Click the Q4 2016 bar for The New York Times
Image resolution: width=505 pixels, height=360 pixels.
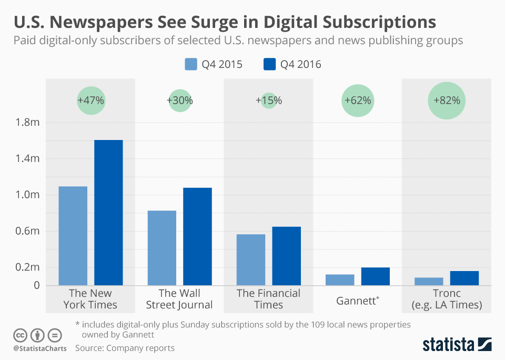pyautogui.click(x=108, y=213)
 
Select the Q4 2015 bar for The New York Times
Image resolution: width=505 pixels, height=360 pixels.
pyautogui.click(x=73, y=236)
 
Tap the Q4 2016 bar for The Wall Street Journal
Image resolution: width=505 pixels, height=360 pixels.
pyautogui.click(x=197, y=236)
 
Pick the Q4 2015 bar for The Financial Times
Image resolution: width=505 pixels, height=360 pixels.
pyautogui.click(x=250, y=259)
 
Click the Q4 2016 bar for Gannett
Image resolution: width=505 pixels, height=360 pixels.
pyautogui.click(x=376, y=276)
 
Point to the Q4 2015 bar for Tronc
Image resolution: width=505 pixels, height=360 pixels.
pyautogui.click(x=429, y=281)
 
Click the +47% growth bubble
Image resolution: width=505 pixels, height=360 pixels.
pyautogui.click(x=91, y=101)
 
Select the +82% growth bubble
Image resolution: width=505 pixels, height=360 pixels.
pyautogui.click(x=447, y=101)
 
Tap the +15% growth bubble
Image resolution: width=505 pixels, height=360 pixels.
pyautogui.click(x=269, y=101)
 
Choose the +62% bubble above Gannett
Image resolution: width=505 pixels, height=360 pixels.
pyautogui.click(x=358, y=101)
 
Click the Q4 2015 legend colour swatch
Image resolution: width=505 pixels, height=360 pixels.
pyautogui.click(x=190, y=65)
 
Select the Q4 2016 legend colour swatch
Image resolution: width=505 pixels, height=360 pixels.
pyautogui.click(x=269, y=65)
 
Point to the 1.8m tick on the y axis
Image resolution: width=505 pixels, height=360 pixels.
pyautogui.click(x=27, y=123)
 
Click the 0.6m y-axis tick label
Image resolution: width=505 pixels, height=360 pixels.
pyautogui.click(x=27, y=231)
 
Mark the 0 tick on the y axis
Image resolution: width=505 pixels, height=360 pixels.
pyautogui.click(x=36, y=285)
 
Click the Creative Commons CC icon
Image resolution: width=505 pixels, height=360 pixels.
pyautogui.click(x=20, y=335)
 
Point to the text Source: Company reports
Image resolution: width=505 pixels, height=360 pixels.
pyautogui.click(x=125, y=348)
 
